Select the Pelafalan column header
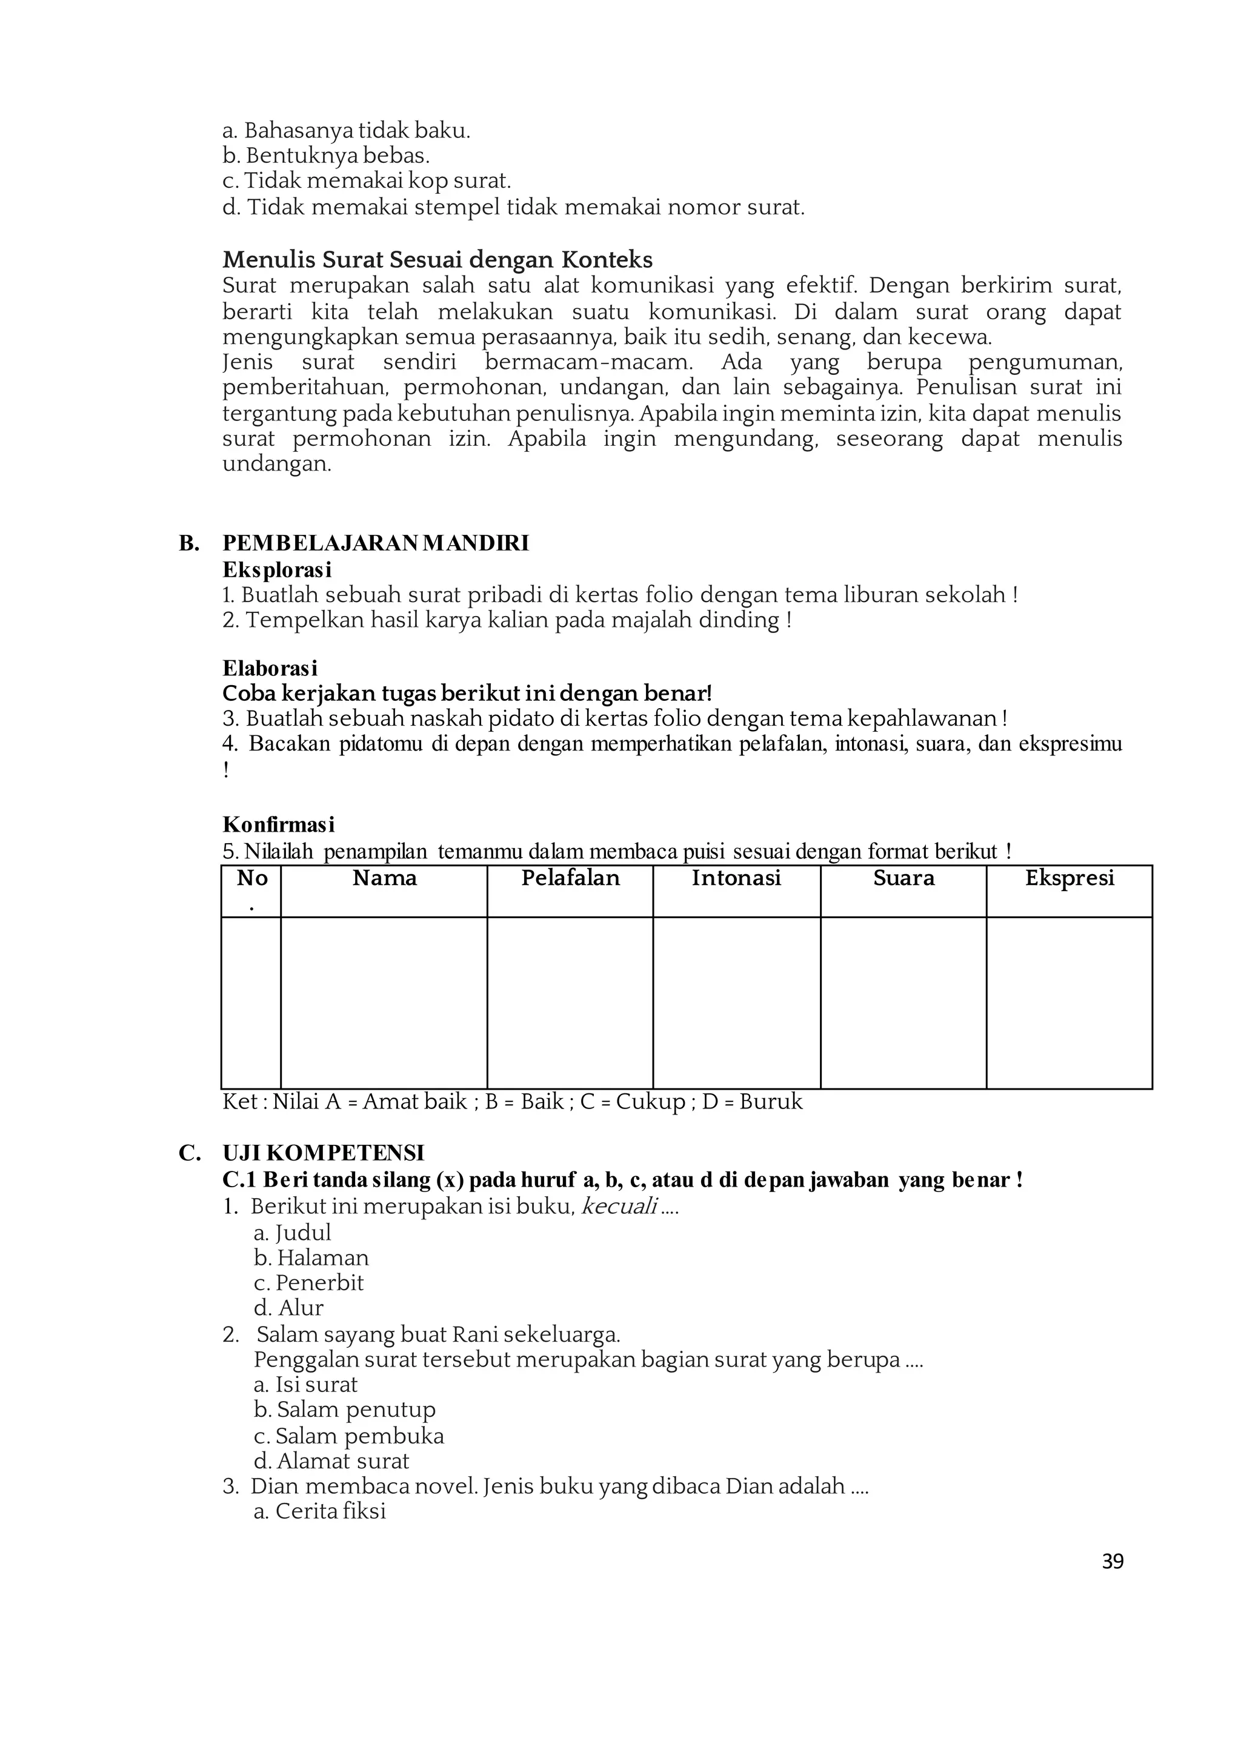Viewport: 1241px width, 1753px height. tap(570, 878)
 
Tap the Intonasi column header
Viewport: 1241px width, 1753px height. tap(736, 878)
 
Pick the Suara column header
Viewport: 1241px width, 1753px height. tap(903, 878)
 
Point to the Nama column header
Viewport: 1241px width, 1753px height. tap(384, 878)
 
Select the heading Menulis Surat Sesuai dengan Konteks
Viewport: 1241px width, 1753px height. tap(437, 260)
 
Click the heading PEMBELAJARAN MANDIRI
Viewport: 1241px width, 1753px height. tap(375, 543)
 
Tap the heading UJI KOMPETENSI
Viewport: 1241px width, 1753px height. tap(323, 1153)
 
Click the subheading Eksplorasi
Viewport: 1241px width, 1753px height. tap(277, 570)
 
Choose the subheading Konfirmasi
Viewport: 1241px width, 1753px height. tap(278, 825)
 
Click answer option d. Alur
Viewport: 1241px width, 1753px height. tap(289, 1308)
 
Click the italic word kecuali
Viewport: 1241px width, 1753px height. tap(619, 1207)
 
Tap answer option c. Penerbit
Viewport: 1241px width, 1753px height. tap(308, 1282)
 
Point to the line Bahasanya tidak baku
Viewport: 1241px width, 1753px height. tap(346, 131)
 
